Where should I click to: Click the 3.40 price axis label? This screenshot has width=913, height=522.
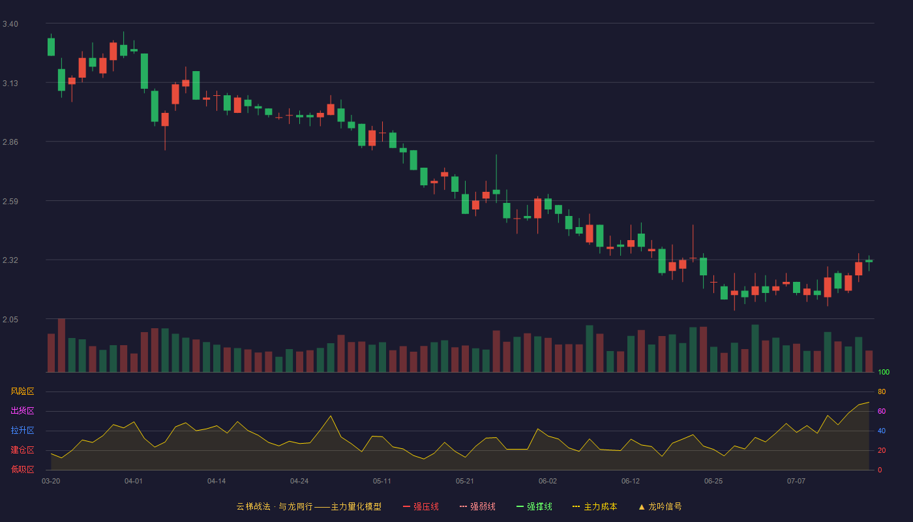[x=10, y=24]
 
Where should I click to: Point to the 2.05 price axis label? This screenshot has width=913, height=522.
[x=10, y=319]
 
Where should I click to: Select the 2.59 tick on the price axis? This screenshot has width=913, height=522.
[x=10, y=202]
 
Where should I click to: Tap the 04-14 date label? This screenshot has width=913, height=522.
[x=217, y=482]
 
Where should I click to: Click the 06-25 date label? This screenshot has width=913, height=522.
[x=713, y=482]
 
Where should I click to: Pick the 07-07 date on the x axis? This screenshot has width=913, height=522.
[x=796, y=482]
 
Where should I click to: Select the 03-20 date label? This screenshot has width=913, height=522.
[x=51, y=482]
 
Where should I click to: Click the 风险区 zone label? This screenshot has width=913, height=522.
[x=22, y=391]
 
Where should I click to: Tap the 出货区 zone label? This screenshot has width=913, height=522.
[x=22, y=410]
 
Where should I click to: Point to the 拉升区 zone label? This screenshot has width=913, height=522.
[x=22, y=430]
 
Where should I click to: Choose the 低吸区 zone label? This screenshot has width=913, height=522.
[x=22, y=469]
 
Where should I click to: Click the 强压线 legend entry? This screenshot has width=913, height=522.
[x=421, y=506]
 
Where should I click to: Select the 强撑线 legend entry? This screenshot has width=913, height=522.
[x=534, y=506]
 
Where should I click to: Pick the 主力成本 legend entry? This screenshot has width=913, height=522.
[x=595, y=506]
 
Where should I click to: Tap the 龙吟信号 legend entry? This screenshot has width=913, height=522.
[x=660, y=506]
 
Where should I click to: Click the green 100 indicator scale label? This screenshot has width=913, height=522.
[x=884, y=372]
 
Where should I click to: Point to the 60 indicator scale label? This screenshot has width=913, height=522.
[x=882, y=411]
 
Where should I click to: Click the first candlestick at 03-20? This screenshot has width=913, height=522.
[x=51, y=46]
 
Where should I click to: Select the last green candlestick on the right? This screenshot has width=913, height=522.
[x=869, y=261]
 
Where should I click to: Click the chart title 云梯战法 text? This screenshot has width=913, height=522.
[x=253, y=506]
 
